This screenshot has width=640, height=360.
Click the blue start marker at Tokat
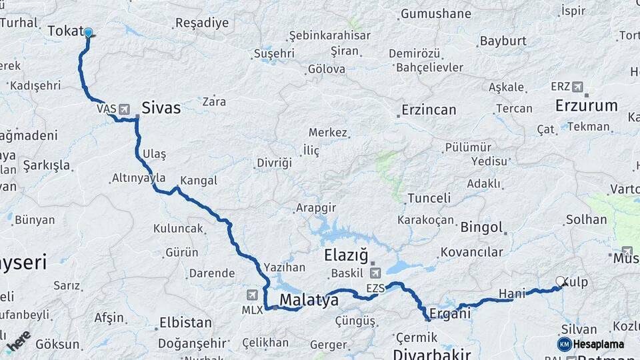click(88, 32)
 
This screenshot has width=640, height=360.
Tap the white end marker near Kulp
click(561, 281)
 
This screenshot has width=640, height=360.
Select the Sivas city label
click(161, 108)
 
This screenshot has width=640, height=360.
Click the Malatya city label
click(309, 301)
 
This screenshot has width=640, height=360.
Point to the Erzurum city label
click(587, 105)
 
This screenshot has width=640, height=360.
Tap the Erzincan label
click(429, 110)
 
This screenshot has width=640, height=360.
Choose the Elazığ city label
click(346, 255)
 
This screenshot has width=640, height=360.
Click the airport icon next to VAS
click(125, 109)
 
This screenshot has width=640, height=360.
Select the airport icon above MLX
click(252, 295)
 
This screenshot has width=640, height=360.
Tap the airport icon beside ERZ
click(577, 87)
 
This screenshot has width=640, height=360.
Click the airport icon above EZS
click(375, 273)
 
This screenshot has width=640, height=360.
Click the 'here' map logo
click(18, 340)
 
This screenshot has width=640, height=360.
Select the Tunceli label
click(429, 198)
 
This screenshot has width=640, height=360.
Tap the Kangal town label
click(199, 181)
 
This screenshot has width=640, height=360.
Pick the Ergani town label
click(450, 313)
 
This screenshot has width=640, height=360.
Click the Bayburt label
click(503, 41)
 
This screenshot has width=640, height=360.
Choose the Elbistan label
click(185, 323)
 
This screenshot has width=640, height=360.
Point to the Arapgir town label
click(316, 208)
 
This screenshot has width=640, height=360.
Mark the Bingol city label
click(481, 227)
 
